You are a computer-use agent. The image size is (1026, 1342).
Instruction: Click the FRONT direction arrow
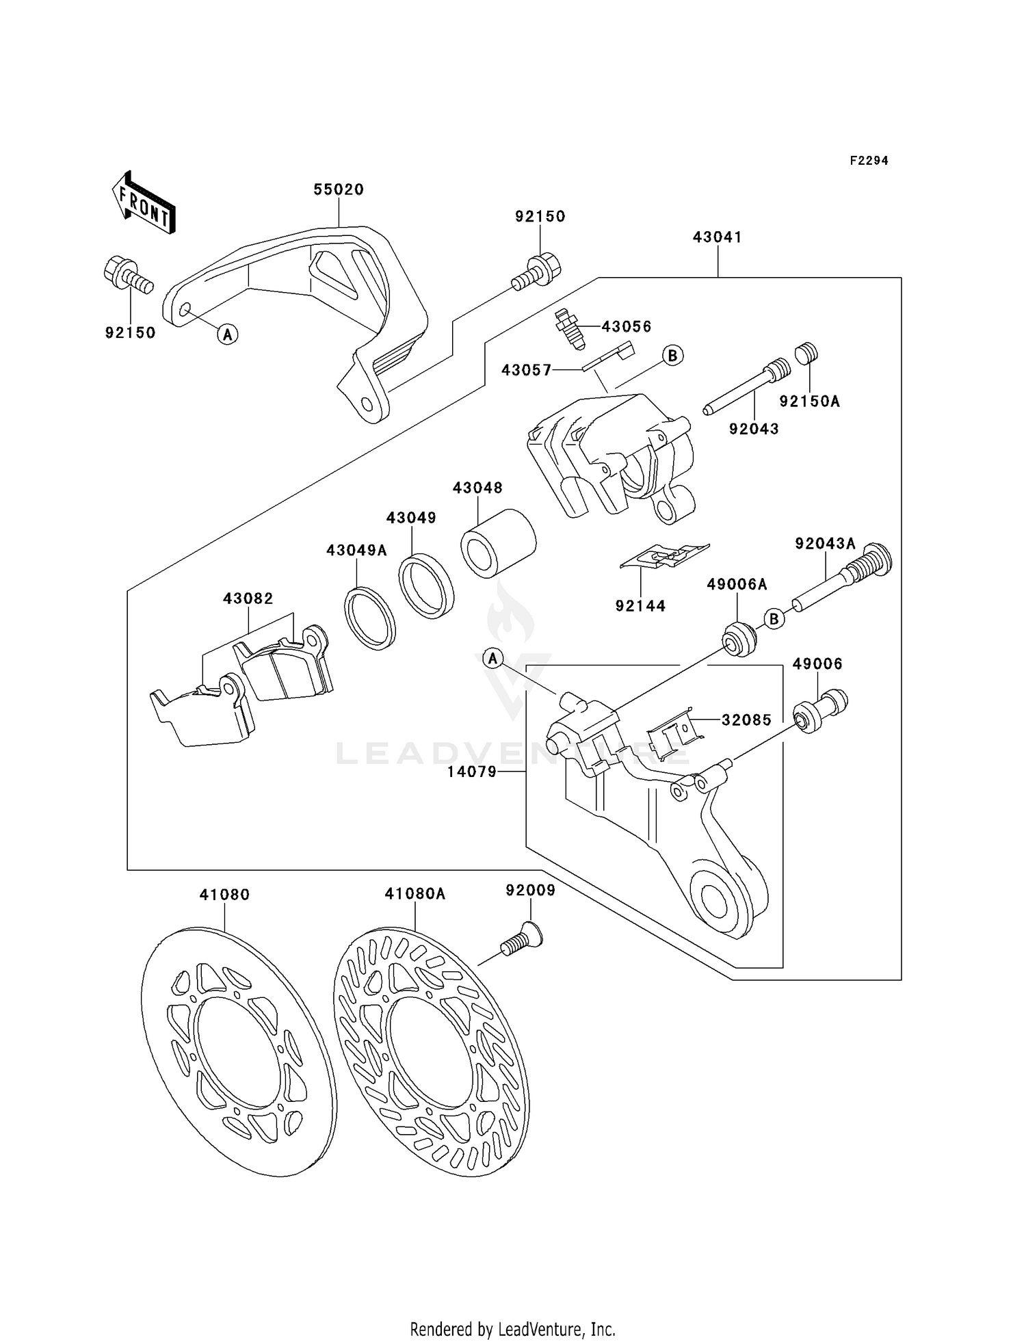(144, 203)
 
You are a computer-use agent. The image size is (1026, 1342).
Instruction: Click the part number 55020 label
(339, 189)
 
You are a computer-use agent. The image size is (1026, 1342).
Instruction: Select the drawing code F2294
(869, 161)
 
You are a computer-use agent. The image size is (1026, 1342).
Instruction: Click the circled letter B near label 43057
(673, 355)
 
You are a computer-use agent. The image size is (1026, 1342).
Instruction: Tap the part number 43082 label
(248, 598)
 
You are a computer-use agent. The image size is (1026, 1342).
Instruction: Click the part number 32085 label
(746, 720)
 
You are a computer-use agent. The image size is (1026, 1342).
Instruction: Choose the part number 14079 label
(471, 772)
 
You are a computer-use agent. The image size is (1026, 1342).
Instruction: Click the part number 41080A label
(415, 893)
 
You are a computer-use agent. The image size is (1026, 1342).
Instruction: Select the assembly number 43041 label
(717, 237)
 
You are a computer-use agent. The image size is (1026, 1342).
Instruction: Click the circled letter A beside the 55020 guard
(228, 334)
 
